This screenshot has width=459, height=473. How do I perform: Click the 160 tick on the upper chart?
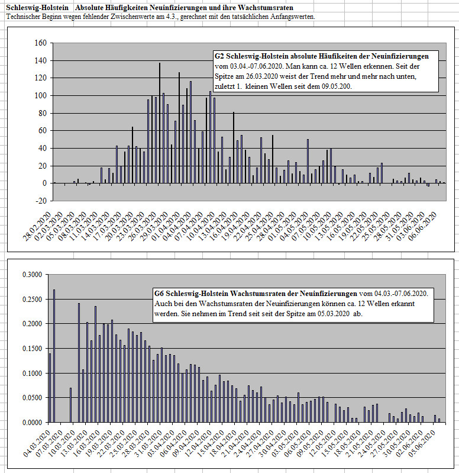coord(41,43)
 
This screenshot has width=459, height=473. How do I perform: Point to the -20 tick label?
coord(41,201)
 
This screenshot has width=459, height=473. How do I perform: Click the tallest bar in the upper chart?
coord(160,123)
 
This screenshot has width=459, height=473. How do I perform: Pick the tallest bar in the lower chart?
coord(54,356)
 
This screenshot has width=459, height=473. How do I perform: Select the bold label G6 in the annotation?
coord(159,294)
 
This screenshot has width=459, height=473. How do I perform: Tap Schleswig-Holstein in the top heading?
coord(37,8)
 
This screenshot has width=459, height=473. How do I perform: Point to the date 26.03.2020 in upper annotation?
coord(261,76)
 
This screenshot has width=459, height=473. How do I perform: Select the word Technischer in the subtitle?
coord(21,17)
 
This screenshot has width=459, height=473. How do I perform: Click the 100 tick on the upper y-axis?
coord(41,96)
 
